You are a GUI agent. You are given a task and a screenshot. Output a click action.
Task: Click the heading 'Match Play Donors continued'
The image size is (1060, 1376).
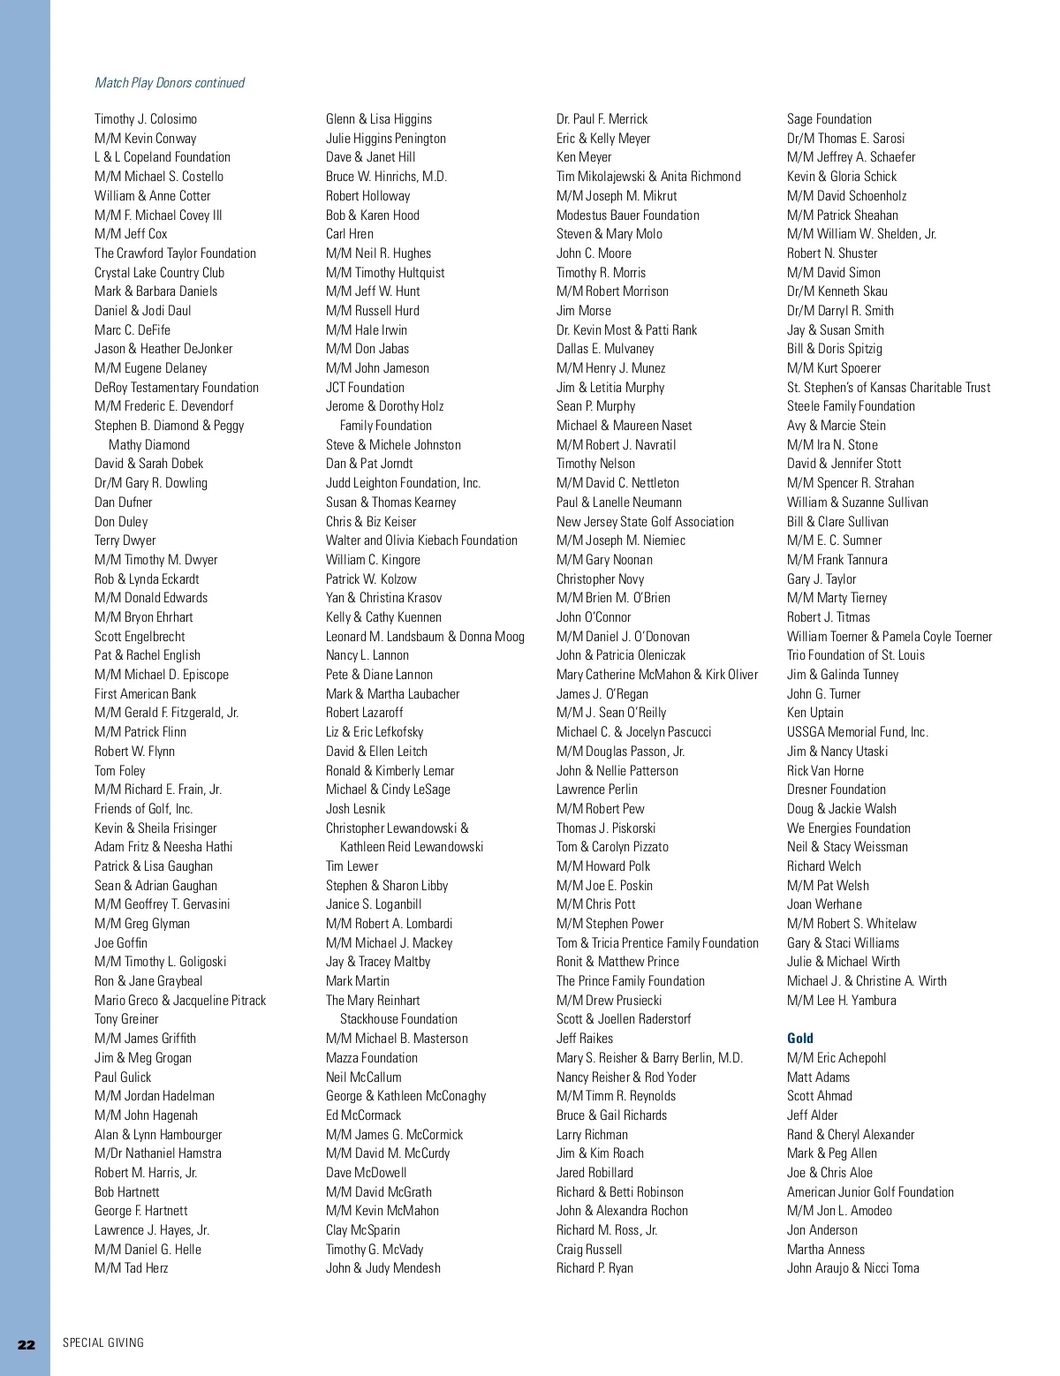tap(170, 83)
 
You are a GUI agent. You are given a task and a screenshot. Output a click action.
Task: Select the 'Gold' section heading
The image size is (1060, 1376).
tap(800, 1039)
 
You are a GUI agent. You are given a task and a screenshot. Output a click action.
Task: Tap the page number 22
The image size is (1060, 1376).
tap(26, 1344)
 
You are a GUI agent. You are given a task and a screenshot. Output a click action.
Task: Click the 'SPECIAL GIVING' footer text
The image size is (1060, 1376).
tap(103, 1343)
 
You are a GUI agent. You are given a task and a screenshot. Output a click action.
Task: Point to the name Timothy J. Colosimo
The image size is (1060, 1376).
tap(146, 119)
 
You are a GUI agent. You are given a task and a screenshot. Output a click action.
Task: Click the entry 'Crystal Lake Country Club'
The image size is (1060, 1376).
tap(160, 273)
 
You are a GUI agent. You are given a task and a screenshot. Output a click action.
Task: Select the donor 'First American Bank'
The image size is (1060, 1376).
tap(146, 694)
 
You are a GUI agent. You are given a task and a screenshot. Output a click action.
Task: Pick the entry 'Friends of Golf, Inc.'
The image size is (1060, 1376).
tap(144, 809)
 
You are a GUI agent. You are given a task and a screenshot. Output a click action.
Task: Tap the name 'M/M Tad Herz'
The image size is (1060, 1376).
tap(132, 1268)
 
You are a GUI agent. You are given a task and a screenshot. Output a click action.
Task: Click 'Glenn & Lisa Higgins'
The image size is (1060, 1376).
tap(379, 119)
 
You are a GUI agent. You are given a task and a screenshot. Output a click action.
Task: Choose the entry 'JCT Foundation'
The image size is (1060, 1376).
tap(365, 388)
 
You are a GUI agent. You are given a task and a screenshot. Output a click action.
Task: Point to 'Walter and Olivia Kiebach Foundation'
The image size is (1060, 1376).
tap(421, 541)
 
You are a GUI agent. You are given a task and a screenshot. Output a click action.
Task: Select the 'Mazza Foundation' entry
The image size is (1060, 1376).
tap(372, 1058)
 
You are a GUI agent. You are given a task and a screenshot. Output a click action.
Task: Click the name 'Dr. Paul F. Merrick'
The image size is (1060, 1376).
tap(602, 119)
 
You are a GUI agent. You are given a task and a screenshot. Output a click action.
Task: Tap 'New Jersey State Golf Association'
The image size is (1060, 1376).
tap(645, 522)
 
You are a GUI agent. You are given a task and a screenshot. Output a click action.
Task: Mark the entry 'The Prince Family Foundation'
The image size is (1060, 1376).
tap(631, 981)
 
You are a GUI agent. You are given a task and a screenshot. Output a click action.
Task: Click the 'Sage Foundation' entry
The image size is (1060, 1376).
tap(829, 119)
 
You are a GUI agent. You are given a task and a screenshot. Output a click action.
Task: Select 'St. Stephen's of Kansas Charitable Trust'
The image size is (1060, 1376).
tap(889, 388)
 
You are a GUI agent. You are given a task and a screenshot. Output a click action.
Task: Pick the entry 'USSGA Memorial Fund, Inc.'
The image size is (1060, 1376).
tap(858, 732)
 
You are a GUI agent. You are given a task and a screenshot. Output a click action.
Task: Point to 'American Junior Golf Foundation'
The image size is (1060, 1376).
tap(870, 1192)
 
